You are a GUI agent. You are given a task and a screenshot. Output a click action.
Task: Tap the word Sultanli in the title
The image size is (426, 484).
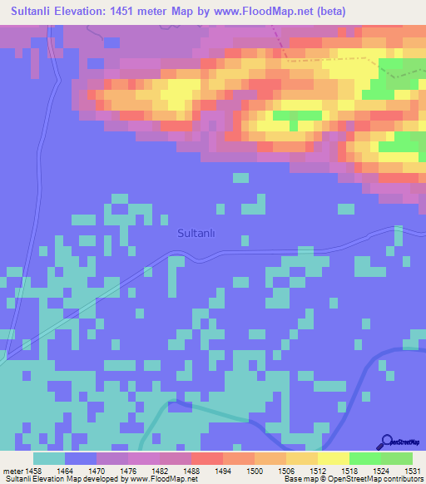point(34,11)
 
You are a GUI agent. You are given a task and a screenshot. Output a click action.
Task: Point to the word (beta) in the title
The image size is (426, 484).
point(329,11)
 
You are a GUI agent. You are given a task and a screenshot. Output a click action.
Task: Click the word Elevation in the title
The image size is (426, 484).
point(89,11)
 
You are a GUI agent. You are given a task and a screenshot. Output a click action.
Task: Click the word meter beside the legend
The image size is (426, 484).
point(13,471)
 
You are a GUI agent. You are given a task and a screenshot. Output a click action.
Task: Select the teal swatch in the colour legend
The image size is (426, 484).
point(49,458)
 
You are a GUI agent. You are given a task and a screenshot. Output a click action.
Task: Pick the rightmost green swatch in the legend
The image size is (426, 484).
point(397,458)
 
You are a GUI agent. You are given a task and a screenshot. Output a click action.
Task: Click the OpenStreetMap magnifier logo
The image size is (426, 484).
point(387,443)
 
